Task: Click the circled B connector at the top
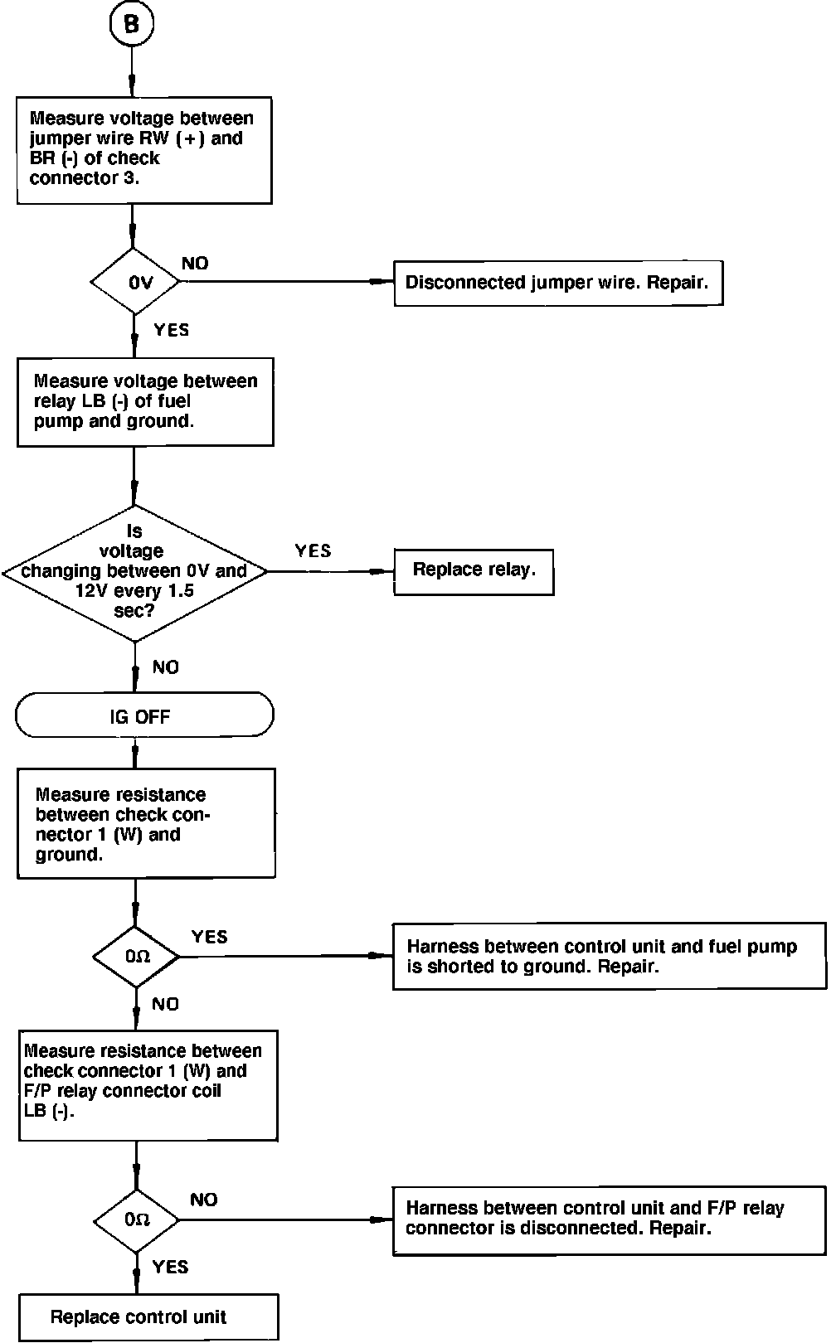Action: [x=131, y=23]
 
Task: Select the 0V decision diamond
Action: [x=135, y=281]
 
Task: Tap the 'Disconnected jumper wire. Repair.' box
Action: [x=558, y=283]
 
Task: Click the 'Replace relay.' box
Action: [x=474, y=572]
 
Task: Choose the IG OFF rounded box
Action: [x=144, y=715]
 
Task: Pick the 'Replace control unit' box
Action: [x=148, y=1316]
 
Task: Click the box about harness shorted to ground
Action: [x=610, y=957]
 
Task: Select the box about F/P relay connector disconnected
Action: [x=610, y=1220]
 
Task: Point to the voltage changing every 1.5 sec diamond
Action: [x=134, y=573]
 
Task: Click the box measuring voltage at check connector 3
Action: [x=144, y=151]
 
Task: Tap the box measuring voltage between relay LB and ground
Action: [x=145, y=402]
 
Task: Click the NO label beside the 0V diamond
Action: [x=195, y=263]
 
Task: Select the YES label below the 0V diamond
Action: [x=172, y=330]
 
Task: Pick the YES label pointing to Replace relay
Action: [x=313, y=551]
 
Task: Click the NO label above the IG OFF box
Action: [x=166, y=667]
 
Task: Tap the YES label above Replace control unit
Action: [x=170, y=1267]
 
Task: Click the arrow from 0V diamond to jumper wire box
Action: [x=287, y=281]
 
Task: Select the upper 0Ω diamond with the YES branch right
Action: [x=136, y=957]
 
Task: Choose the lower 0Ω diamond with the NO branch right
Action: [x=136, y=1220]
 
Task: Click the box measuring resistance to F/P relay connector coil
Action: [x=148, y=1086]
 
